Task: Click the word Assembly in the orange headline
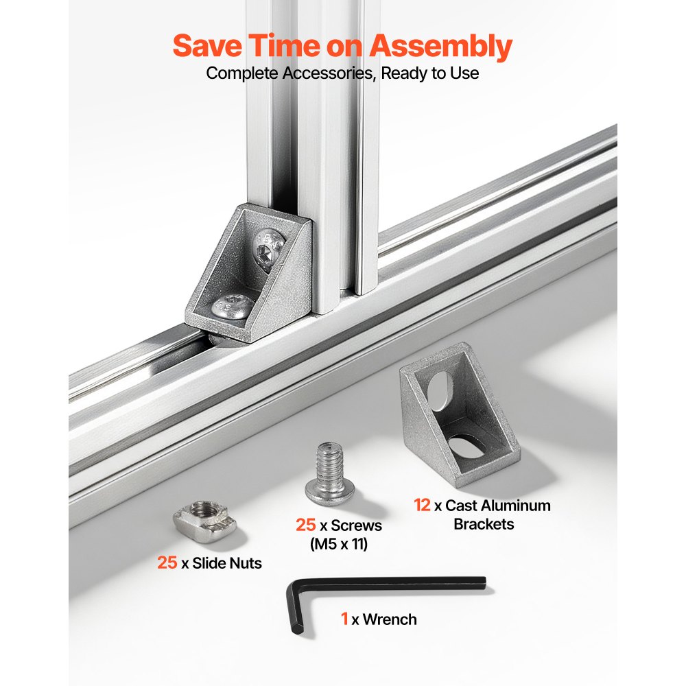click(x=440, y=47)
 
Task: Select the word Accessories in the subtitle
click(x=329, y=73)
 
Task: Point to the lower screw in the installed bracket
click(x=231, y=306)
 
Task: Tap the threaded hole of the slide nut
click(x=201, y=508)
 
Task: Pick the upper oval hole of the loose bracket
click(x=440, y=390)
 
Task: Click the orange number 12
click(x=422, y=506)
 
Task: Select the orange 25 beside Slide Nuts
click(x=167, y=563)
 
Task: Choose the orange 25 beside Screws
click(x=305, y=525)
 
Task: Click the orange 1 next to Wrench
click(x=345, y=619)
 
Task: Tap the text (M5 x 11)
click(x=339, y=544)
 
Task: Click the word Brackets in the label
click(x=484, y=523)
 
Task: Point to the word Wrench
click(x=390, y=619)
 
